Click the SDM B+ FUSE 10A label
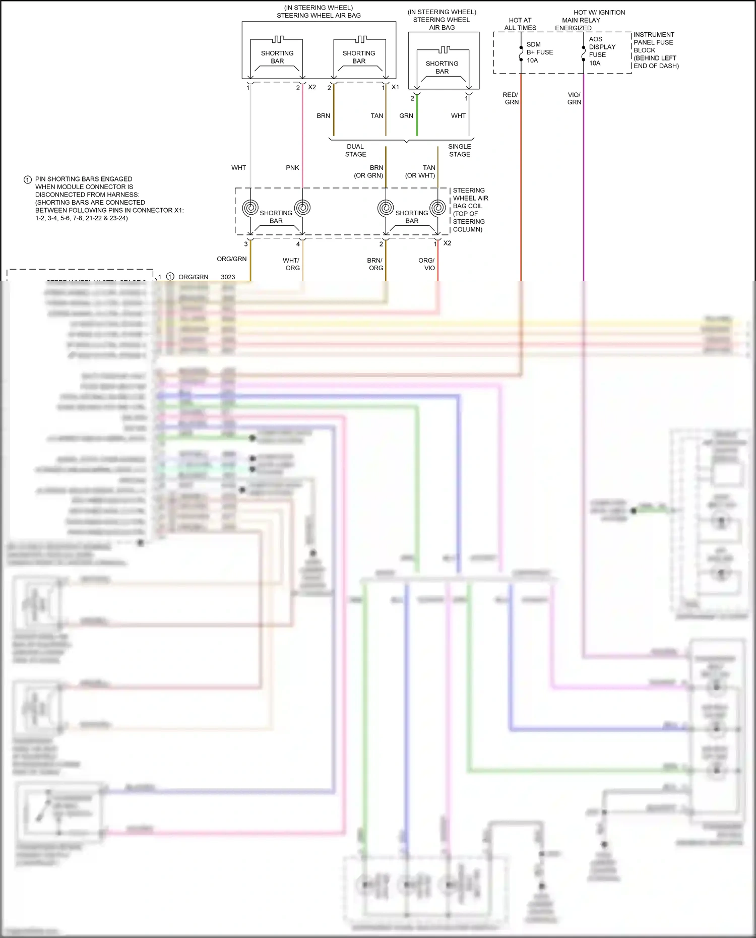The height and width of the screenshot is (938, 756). (x=539, y=52)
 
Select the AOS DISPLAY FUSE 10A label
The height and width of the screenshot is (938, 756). (x=602, y=51)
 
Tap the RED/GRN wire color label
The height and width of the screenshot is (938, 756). (x=511, y=98)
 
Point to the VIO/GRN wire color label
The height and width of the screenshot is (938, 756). (x=574, y=98)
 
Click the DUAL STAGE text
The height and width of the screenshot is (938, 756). (x=355, y=150)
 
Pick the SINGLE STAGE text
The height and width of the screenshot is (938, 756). (x=459, y=150)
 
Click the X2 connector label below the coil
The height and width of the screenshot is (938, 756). (x=447, y=243)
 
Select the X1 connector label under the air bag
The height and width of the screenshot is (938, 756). (x=395, y=87)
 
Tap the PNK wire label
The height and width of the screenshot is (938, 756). (x=292, y=167)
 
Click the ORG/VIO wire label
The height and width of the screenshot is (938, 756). (x=426, y=264)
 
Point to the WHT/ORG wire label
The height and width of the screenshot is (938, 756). (x=291, y=264)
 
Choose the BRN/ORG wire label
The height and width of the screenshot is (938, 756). (x=375, y=264)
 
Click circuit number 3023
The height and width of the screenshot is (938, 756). (x=228, y=277)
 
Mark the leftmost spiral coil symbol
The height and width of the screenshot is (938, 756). (x=250, y=208)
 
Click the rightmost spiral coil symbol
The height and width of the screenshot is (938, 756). (x=437, y=208)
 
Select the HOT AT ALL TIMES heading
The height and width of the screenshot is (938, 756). (x=520, y=24)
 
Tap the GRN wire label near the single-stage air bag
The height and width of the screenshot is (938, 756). (x=406, y=115)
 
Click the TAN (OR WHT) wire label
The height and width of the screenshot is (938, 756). (x=421, y=171)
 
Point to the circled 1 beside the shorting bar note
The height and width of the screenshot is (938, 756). (x=28, y=180)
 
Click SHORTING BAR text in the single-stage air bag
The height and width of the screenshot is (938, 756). (x=442, y=68)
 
